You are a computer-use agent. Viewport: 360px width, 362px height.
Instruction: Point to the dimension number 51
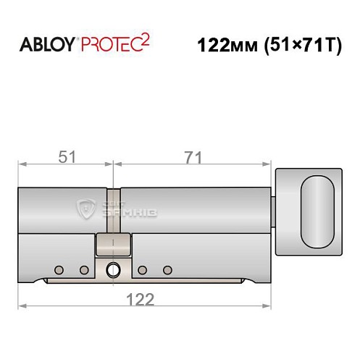pyautogui.click(x=66, y=156)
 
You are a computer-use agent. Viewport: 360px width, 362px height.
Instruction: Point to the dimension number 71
pyautogui.click(x=192, y=156)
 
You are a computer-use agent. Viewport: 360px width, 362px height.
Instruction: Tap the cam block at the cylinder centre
pyautogui.click(x=113, y=245)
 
